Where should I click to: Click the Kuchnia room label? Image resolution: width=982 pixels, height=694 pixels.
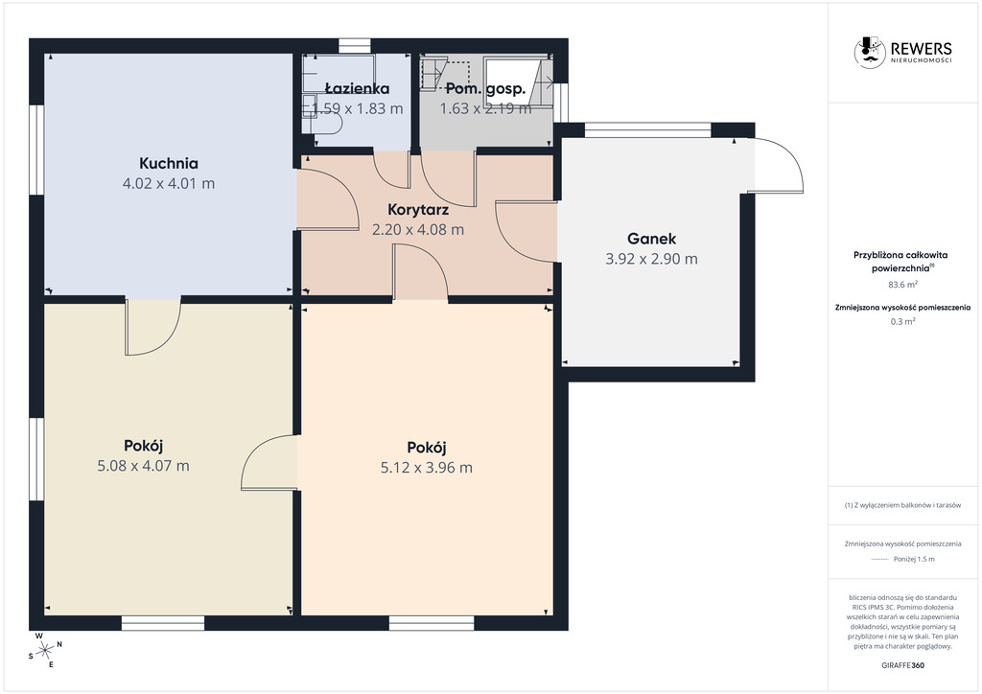[x=169, y=163]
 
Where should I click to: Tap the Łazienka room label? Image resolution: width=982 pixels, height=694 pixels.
[x=357, y=89]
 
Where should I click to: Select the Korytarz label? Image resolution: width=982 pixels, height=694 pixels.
[x=418, y=209]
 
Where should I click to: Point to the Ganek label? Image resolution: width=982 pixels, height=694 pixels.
[x=651, y=239]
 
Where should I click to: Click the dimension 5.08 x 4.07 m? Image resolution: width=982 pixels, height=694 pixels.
[x=144, y=466]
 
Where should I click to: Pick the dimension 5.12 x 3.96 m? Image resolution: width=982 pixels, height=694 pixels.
[x=427, y=468]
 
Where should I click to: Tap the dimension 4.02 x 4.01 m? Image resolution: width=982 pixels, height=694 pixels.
[x=169, y=183]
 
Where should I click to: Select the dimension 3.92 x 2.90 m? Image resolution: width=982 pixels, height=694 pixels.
[x=651, y=259]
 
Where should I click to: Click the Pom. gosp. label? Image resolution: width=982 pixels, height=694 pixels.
[x=485, y=89]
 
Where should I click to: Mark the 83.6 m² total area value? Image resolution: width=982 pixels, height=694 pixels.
[x=903, y=284]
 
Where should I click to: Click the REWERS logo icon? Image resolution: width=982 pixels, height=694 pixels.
[x=869, y=52]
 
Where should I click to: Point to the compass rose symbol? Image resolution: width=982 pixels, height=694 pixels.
[x=45, y=650]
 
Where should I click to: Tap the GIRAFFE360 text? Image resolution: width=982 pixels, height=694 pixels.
[x=902, y=665]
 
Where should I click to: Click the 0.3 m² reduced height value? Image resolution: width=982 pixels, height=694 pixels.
[x=903, y=322]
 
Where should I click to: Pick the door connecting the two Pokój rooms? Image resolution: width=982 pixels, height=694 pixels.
[x=269, y=462]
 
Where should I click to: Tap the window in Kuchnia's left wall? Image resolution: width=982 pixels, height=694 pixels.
[x=36, y=150]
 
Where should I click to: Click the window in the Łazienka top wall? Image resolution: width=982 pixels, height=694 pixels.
[x=355, y=46]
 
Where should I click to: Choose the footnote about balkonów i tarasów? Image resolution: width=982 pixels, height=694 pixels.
[x=902, y=505]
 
